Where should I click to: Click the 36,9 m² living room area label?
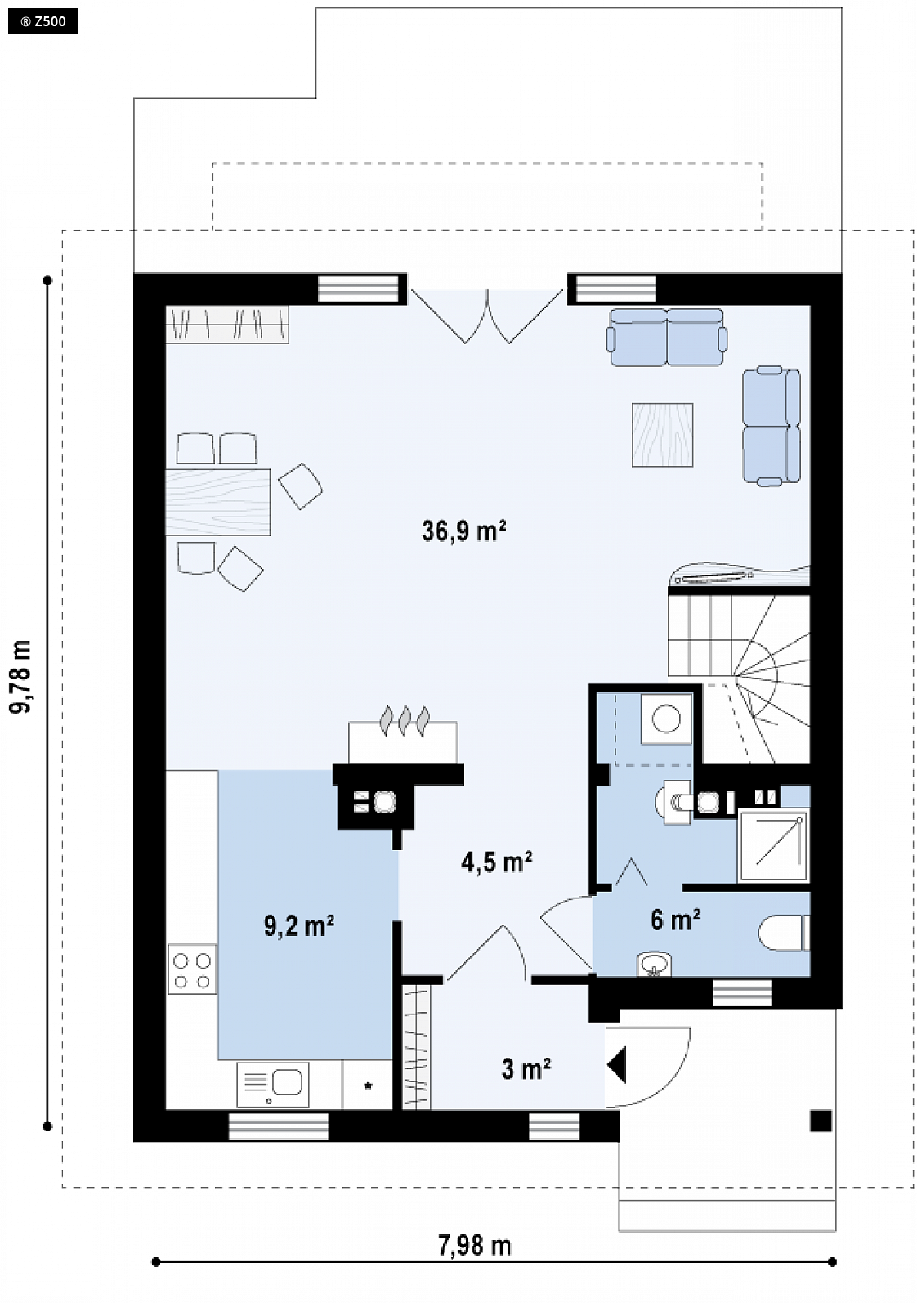(463, 531)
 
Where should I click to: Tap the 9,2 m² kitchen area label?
(299, 926)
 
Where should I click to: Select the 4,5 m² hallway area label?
(497, 862)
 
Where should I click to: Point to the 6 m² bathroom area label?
(675, 920)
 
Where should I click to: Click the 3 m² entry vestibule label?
(526, 1068)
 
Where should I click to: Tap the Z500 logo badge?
(42, 22)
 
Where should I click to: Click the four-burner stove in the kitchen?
(192, 969)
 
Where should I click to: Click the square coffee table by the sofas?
(662, 435)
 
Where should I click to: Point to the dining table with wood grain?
(217, 501)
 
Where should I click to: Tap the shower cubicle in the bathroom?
(773, 845)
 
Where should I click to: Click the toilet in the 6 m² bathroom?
(784, 934)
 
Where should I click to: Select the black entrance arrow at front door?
(616, 1064)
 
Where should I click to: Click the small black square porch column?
(821, 1121)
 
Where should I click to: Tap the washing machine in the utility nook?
(666, 719)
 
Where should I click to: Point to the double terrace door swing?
(487, 316)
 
